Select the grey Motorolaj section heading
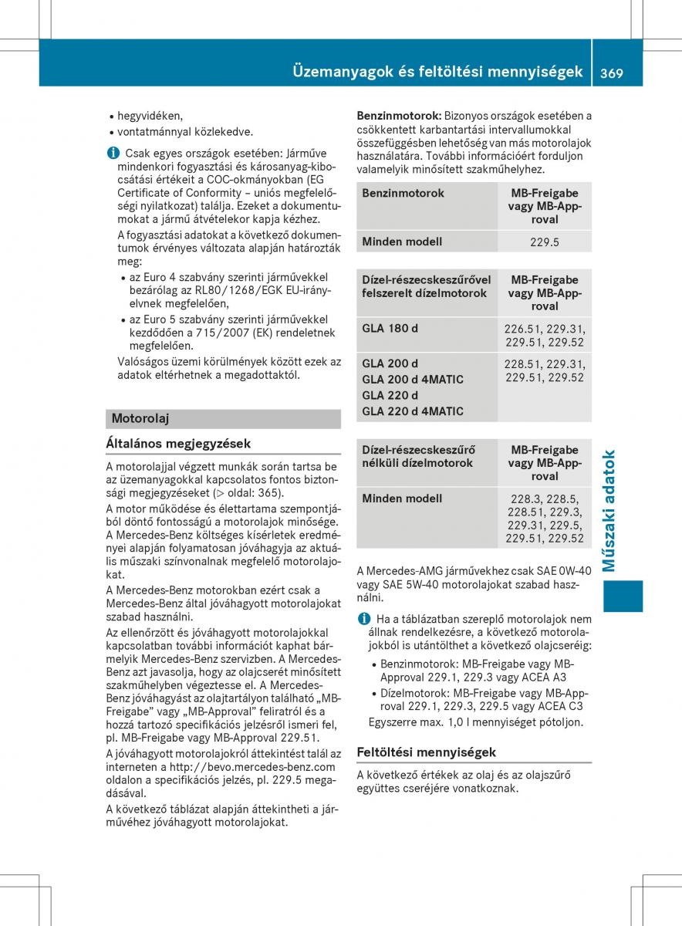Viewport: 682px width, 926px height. (x=140, y=418)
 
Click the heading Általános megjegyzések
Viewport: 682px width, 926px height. (x=178, y=443)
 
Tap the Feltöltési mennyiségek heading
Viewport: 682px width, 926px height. (x=427, y=752)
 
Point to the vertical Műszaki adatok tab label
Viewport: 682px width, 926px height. (x=611, y=511)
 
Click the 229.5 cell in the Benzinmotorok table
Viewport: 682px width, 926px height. (x=545, y=242)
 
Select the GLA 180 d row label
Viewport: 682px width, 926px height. (x=390, y=328)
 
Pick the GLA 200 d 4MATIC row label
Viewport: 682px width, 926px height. (x=413, y=379)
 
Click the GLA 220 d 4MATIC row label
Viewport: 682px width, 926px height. (x=413, y=411)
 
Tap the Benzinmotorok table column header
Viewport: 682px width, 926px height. (x=403, y=193)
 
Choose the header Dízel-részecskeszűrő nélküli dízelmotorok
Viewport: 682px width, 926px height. (x=418, y=456)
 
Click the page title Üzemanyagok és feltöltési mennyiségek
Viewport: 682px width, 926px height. (x=437, y=73)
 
